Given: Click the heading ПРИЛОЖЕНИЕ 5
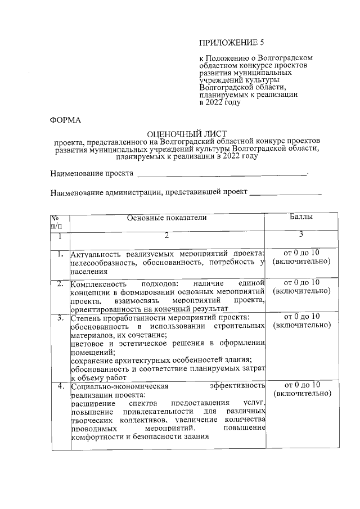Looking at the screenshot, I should (232, 43).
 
